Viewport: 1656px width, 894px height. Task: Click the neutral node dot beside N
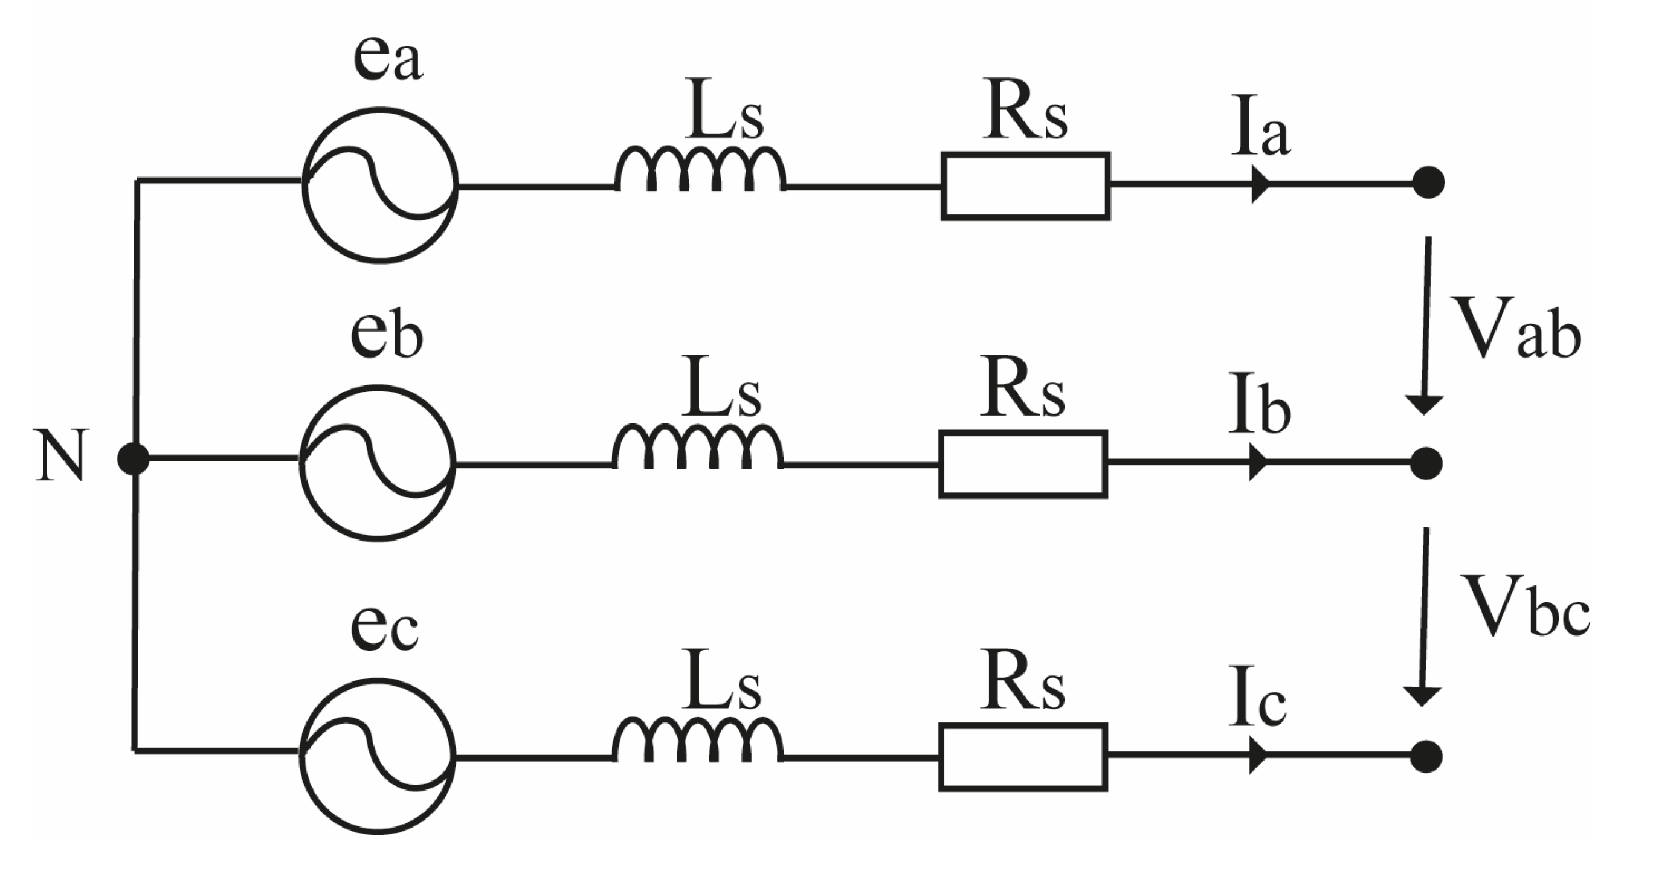click(x=134, y=460)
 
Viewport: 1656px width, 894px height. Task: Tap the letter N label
click(x=60, y=455)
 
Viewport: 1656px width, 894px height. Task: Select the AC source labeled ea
click(x=380, y=185)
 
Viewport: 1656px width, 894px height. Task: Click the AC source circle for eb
click(x=378, y=463)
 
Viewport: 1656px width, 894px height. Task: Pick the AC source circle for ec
click(x=378, y=756)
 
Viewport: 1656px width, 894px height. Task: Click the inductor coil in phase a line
click(x=700, y=170)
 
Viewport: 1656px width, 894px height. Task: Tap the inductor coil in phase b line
click(x=697, y=448)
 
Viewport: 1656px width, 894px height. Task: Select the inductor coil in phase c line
click(x=697, y=741)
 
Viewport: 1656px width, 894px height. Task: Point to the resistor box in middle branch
click(x=1023, y=464)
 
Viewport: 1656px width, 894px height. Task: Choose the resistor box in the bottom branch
click(x=1023, y=756)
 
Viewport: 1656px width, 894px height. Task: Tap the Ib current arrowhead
click(x=1257, y=462)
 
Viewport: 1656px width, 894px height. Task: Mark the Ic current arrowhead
click(x=1257, y=755)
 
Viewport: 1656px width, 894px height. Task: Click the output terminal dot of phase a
click(x=1428, y=183)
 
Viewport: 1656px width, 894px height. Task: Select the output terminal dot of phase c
click(x=1426, y=756)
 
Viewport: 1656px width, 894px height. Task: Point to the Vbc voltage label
click(x=1524, y=606)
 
